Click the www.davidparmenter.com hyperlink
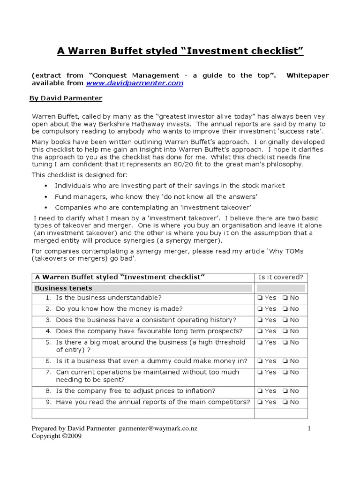pyautogui.click(x=135, y=83)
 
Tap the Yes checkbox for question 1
pyautogui.click(x=259, y=298)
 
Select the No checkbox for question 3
pyautogui.click(x=285, y=320)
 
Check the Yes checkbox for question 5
pyautogui.click(x=259, y=343)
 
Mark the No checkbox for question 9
pyautogui.click(x=285, y=402)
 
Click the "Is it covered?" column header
pyautogui.click(x=281, y=277)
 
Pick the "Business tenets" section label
pyautogui.click(x=64, y=288)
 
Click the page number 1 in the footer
pyautogui.click(x=309, y=428)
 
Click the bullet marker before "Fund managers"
pyautogui.click(x=46, y=197)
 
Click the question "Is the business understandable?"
pyautogui.click(x=108, y=298)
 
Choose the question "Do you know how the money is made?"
pyautogui.click(x=119, y=309)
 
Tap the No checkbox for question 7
pyautogui.click(x=285, y=373)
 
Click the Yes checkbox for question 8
pyautogui.click(x=259, y=391)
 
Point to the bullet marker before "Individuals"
pyautogui.click(x=46, y=186)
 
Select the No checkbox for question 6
pyautogui.click(x=285, y=361)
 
